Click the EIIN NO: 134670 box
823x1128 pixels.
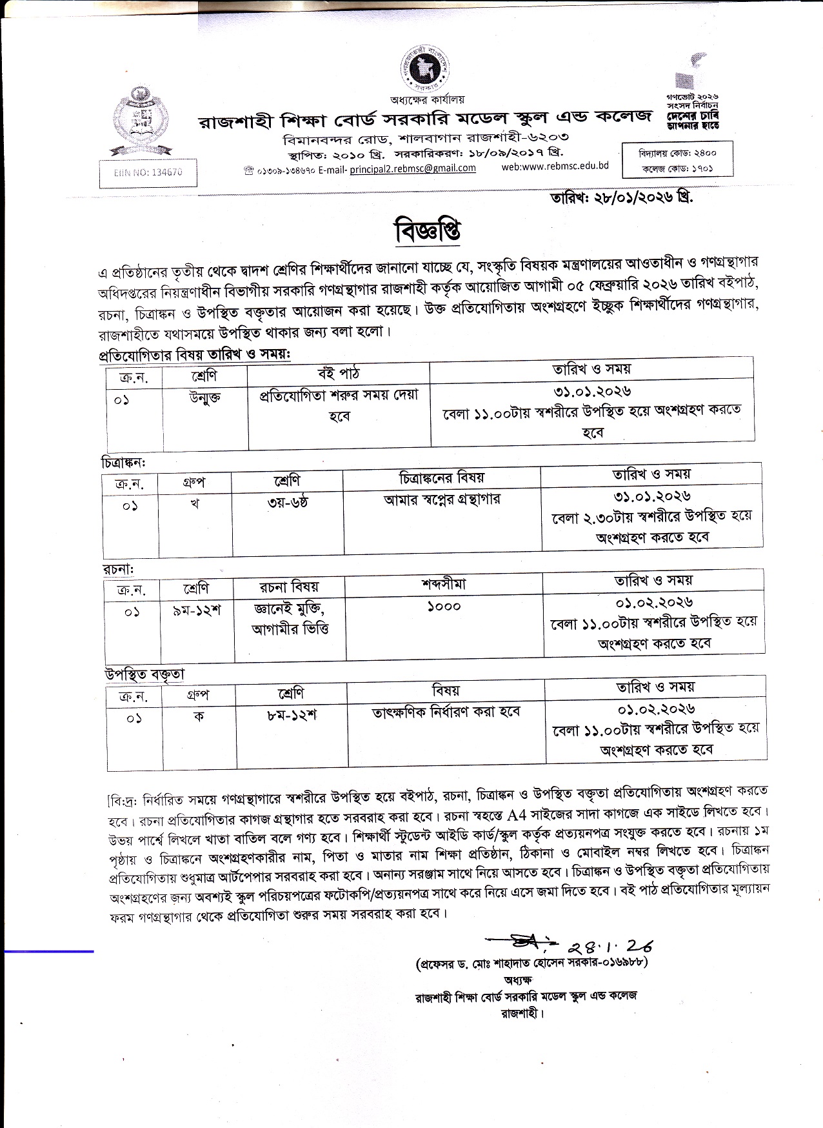[x=148, y=173]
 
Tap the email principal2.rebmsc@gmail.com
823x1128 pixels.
[x=412, y=168]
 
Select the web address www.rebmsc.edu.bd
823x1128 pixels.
[x=555, y=166]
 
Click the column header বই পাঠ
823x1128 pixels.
[x=339, y=373]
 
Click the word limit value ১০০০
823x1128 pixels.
[x=444, y=606]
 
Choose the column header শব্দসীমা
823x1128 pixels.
[x=444, y=585]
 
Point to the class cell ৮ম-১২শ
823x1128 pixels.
[x=292, y=715]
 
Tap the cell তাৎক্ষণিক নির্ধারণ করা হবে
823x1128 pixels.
[x=446, y=712]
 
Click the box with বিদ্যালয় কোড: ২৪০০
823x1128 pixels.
[x=677, y=154]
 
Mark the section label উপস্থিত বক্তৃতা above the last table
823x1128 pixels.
[x=145, y=674]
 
